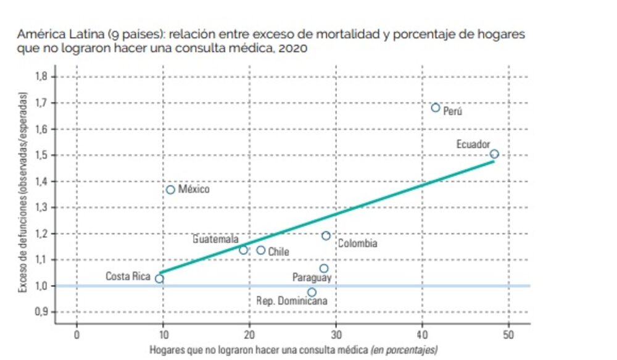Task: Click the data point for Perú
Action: click(436, 107)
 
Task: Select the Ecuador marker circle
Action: click(494, 154)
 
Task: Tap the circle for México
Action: click(170, 190)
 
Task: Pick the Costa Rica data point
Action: click(159, 278)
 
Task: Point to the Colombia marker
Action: click(326, 235)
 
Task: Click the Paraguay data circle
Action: click(324, 268)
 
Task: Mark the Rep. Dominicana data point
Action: click(312, 292)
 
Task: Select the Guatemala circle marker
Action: click(243, 250)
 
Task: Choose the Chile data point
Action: click(261, 250)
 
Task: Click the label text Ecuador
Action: click(473, 144)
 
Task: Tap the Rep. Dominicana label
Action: click(292, 302)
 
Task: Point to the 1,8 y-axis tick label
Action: click(42, 77)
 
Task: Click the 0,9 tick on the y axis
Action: click(42, 311)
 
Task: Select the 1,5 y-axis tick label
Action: click(42, 155)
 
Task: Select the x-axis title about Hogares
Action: click(293, 350)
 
